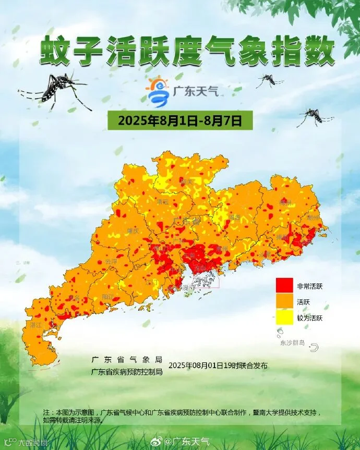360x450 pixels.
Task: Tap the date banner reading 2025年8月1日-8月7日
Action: click(x=181, y=121)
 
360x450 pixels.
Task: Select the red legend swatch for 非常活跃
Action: click(x=284, y=286)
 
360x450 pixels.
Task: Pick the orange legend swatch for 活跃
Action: click(x=284, y=302)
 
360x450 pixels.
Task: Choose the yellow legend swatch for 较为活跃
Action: click(x=284, y=318)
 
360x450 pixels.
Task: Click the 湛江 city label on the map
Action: click(x=36, y=324)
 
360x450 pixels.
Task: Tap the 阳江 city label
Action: click(x=108, y=296)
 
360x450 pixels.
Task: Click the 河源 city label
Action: click(x=233, y=217)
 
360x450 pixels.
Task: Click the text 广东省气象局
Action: click(x=127, y=360)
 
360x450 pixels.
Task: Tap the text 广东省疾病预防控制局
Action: click(x=127, y=371)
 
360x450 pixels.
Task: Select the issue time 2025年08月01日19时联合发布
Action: click(x=218, y=366)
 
